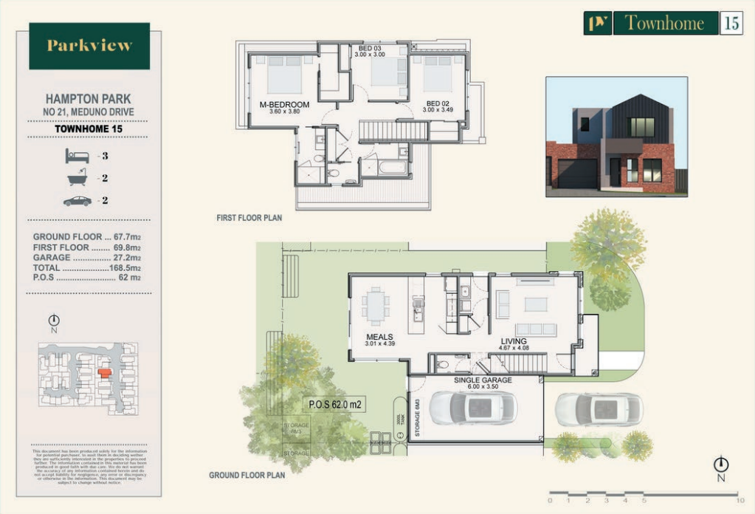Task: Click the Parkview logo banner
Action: click(89, 46)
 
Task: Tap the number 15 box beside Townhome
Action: click(731, 23)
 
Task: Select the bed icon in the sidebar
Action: click(77, 156)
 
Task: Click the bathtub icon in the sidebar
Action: click(77, 178)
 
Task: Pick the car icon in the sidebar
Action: click(77, 201)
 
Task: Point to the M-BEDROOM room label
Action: click(284, 105)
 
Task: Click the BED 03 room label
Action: click(370, 48)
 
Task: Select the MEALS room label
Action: click(380, 337)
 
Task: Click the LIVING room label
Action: click(514, 340)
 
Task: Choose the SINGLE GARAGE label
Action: click(483, 380)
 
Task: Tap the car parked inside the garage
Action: click(473, 408)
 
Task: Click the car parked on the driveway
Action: click(599, 409)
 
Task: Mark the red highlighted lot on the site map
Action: click(104, 373)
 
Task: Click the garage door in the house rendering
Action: click(577, 174)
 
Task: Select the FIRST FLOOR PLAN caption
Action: click(249, 219)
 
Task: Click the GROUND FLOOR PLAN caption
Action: click(247, 476)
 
